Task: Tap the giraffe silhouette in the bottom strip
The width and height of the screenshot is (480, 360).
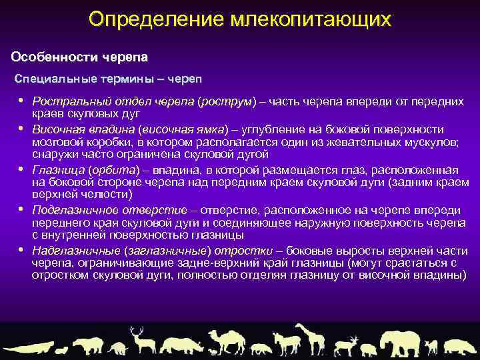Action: tap(308, 338)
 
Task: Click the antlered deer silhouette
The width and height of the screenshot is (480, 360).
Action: tap(139, 340)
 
